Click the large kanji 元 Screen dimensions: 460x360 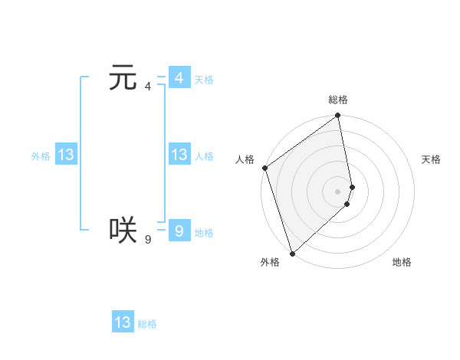pos(123,78)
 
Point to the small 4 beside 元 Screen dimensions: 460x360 pos(148,86)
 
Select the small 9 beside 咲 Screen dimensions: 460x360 pos(148,240)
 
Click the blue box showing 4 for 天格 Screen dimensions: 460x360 pos(179,78)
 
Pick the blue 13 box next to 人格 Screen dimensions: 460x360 pos(179,155)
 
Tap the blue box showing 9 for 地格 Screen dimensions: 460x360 pos(179,231)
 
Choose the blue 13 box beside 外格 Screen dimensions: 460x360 pos(66,155)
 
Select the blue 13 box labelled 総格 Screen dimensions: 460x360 pos(123,322)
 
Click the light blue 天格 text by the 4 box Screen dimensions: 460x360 pos(204,80)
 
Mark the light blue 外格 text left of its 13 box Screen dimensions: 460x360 pos(41,156)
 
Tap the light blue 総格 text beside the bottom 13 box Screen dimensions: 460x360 pos(147,324)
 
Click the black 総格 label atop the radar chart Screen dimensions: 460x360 pos(338,100)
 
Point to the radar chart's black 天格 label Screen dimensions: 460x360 pos(431,159)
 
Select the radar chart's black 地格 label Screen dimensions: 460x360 pos(402,262)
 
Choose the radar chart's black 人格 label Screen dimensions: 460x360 pos(245,159)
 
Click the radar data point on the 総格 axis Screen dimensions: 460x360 pos(338,116)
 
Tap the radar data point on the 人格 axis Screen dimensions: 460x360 pos(264,168)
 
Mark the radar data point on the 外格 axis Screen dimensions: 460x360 pos(292,253)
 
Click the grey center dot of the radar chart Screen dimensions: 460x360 pos(338,191)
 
